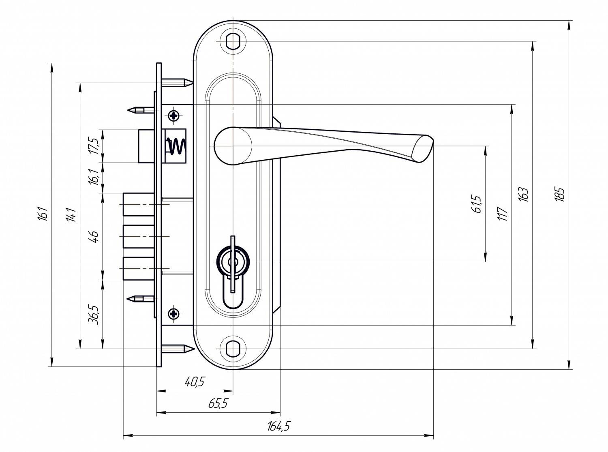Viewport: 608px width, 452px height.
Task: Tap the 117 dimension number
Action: click(503, 214)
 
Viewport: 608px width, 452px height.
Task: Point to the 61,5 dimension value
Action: click(476, 204)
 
